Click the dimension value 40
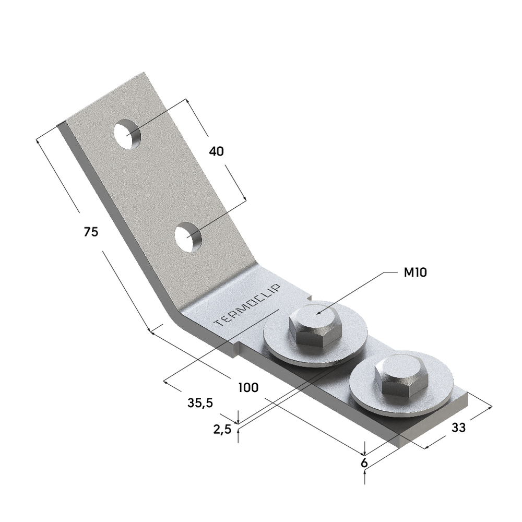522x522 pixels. click(216, 151)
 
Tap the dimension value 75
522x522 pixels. click(91, 232)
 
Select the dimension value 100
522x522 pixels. click(248, 387)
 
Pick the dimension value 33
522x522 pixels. click(458, 428)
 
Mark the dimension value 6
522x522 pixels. click(364, 462)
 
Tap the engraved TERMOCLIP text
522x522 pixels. click(248, 306)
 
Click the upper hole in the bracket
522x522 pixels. click(127, 135)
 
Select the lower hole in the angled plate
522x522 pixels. click(188, 238)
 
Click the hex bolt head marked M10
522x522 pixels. click(315, 326)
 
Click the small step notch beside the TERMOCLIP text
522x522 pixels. click(235, 348)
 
